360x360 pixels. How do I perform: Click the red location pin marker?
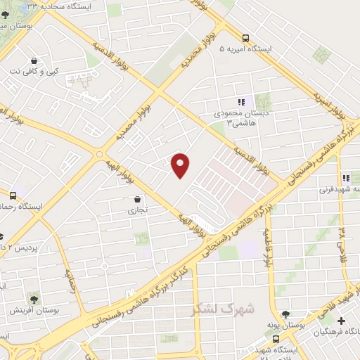pyautogui.click(x=181, y=165)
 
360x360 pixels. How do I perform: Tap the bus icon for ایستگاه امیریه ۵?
pyautogui.click(x=245, y=38)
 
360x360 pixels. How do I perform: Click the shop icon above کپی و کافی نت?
pyautogui.click(x=34, y=60)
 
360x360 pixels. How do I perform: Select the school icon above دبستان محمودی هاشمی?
pyautogui.click(x=241, y=101)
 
